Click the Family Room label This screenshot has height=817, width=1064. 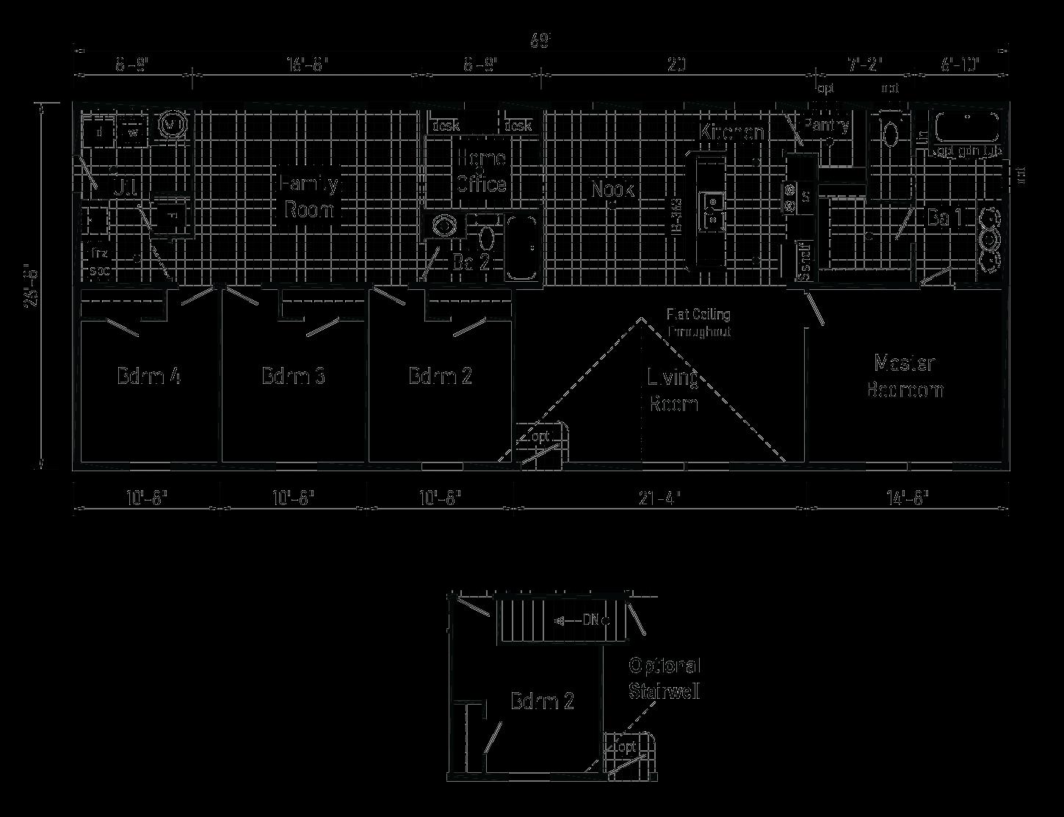click(x=309, y=196)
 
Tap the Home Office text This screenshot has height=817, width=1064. click(x=482, y=170)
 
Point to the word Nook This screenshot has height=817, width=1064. click(x=612, y=189)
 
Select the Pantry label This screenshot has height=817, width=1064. click(x=826, y=125)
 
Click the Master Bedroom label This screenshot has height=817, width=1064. click(x=904, y=375)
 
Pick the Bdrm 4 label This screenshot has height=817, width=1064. click(x=148, y=376)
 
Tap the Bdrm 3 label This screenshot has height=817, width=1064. click(x=294, y=376)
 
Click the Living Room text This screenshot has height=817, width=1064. click(x=673, y=390)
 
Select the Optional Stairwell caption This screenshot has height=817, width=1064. click(x=665, y=678)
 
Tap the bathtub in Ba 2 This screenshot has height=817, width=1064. click(x=521, y=248)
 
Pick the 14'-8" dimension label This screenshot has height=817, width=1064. click(x=907, y=498)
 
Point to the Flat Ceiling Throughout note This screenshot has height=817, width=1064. click(x=698, y=323)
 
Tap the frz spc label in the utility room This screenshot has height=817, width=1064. click(x=99, y=262)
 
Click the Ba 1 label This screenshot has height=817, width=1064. click(x=944, y=218)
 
